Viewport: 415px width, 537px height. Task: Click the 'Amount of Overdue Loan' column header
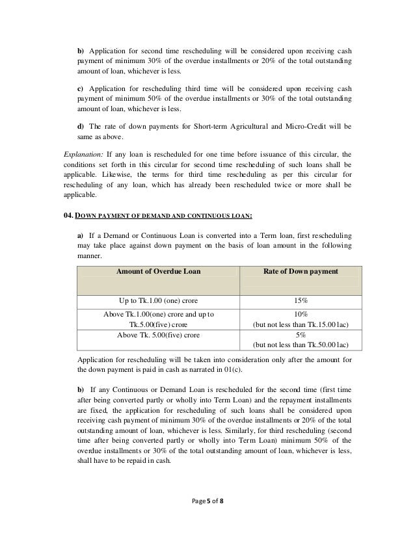158,271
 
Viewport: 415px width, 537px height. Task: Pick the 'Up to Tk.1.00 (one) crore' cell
158,302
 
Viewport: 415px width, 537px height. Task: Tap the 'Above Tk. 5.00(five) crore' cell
158,334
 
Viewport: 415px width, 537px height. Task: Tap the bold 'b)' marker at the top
80,50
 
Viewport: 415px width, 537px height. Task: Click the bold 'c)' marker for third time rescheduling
80,87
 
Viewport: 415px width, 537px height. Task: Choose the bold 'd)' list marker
80,125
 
